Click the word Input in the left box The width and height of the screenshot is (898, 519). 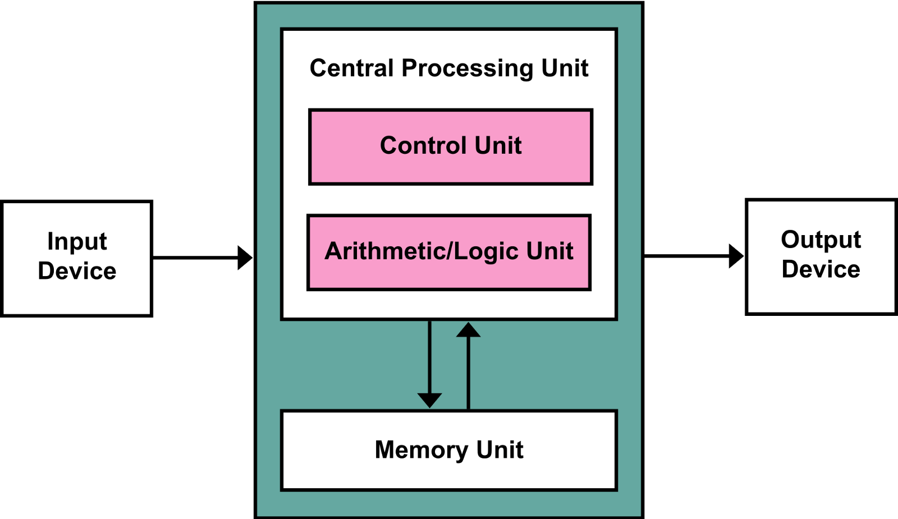pos(77,242)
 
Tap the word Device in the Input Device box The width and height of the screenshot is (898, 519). pos(77,271)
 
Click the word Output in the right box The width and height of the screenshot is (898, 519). pos(821,240)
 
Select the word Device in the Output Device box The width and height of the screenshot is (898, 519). pos(821,269)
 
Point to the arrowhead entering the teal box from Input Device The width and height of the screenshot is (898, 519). pos(245,258)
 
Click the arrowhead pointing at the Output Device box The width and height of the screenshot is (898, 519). pos(736,256)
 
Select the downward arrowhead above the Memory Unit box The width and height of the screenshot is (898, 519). pos(429,400)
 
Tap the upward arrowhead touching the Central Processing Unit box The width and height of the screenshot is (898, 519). pos(468,330)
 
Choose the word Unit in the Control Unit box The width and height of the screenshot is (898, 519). pos(498,146)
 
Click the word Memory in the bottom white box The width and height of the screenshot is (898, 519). pos(421,450)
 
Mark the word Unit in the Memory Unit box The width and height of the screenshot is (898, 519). pos(500,450)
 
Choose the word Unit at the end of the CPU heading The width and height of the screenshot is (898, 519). pos(565,68)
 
